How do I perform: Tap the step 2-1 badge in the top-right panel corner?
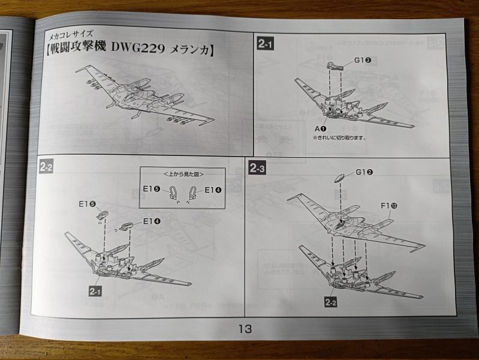pos(265,43)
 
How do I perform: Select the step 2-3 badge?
pos(257,169)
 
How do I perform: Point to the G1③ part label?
pos(363,61)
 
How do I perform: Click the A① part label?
pos(320,127)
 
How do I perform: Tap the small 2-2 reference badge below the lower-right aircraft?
pos(330,302)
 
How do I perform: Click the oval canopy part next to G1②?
pos(338,178)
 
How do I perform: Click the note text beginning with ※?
pos(339,137)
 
